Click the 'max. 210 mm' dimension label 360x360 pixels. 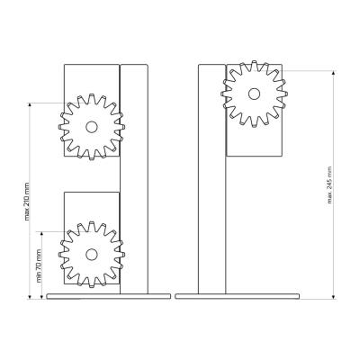[x=27, y=202]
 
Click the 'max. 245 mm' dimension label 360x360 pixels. [x=329, y=184]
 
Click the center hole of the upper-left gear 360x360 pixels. [x=92, y=127]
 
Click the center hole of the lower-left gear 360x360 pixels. [x=92, y=255]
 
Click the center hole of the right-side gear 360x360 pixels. [x=254, y=94]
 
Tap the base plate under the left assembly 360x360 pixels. [x=109, y=296]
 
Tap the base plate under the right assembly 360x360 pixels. [x=238, y=296]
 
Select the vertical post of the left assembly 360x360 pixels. [x=134, y=179]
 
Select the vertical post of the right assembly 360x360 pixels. [x=212, y=179]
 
